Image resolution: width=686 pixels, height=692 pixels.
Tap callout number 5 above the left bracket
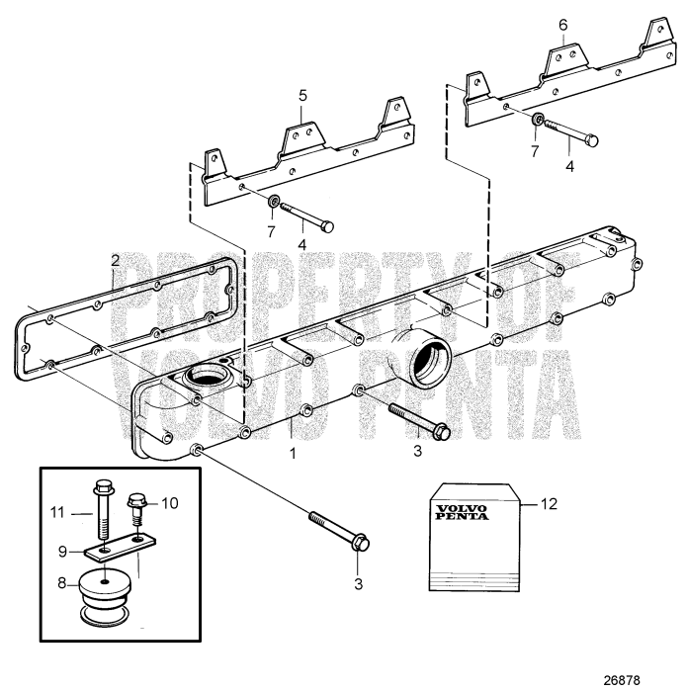(x=303, y=96)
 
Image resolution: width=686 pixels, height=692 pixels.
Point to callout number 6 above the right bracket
(x=561, y=23)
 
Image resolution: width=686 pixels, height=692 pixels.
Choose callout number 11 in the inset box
(x=58, y=511)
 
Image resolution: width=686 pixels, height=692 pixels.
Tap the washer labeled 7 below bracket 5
(x=270, y=203)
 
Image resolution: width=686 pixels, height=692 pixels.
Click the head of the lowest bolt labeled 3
(x=361, y=543)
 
